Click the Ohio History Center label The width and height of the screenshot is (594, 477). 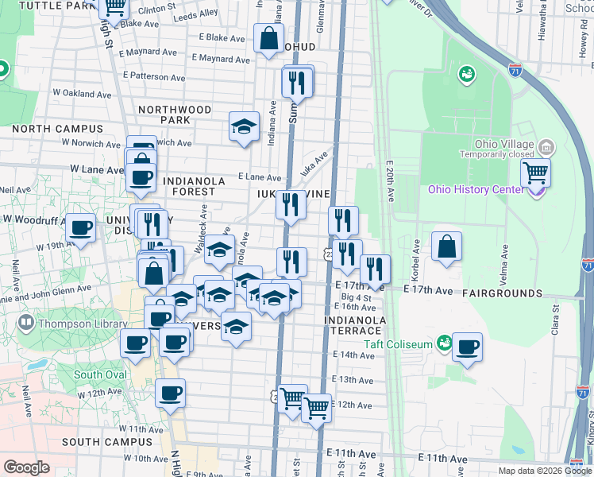point(476,189)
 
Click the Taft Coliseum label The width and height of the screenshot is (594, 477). point(398,344)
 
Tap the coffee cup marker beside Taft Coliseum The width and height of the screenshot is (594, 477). point(468,347)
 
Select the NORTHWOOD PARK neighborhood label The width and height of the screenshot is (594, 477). point(175,114)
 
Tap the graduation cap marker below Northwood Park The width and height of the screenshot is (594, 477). point(245,126)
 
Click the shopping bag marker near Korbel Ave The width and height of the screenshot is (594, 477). point(447,246)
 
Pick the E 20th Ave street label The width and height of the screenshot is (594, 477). point(390,183)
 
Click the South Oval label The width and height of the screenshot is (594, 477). point(100,374)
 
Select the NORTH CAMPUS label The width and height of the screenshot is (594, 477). point(57,129)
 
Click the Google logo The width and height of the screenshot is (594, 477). point(26,467)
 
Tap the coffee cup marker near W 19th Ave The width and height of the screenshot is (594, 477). point(80,228)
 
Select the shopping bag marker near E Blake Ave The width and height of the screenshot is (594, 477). point(269,37)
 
